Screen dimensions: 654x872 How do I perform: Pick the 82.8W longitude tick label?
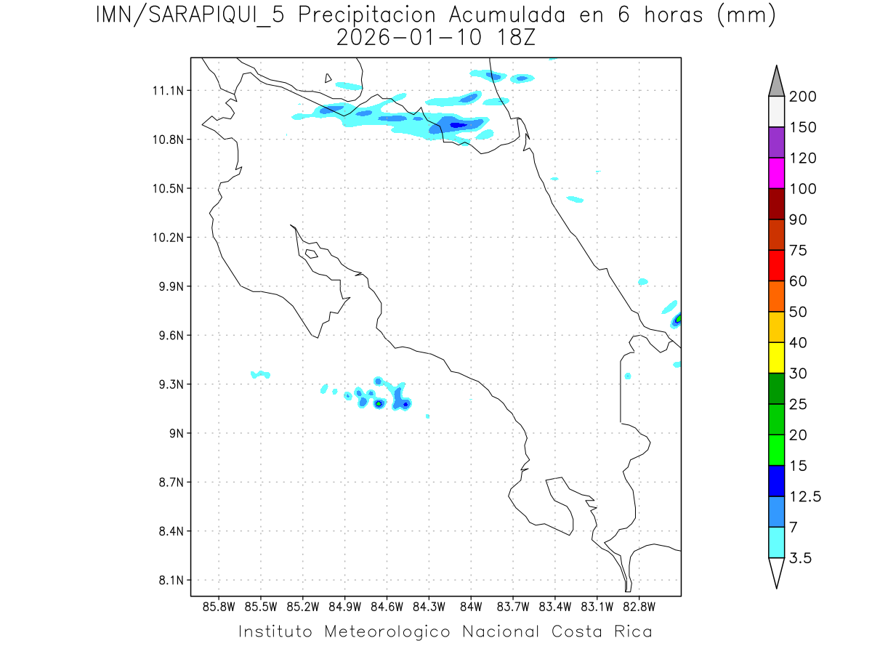pyautogui.click(x=639, y=607)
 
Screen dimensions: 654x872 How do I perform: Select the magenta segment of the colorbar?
pyautogui.click(x=776, y=173)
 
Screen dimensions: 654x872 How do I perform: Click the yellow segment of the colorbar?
pyautogui.click(x=776, y=358)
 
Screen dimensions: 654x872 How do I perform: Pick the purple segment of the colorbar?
pyautogui.click(x=776, y=142)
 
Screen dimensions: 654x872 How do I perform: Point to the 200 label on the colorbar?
pyautogui.click(x=803, y=97)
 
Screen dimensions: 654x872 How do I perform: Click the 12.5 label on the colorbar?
pyautogui.click(x=805, y=496)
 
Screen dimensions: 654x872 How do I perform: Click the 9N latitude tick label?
pyautogui.click(x=173, y=434)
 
